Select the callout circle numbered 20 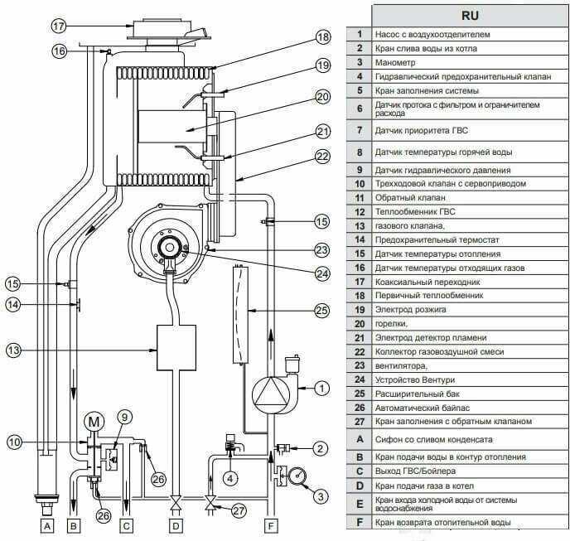(x=323, y=97)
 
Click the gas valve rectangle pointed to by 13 (x=176, y=349)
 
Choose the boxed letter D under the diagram (x=174, y=524)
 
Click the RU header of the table (x=469, y=15)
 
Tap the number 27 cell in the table (x=360, y=421)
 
